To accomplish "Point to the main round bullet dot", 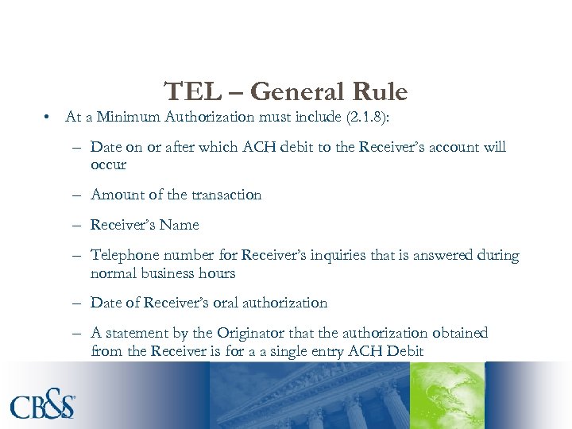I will (48, 118).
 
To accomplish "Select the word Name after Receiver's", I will (179, 225).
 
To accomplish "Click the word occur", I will (108, 164).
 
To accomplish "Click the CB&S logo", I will (44, 404).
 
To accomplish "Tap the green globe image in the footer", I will (447, 396).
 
